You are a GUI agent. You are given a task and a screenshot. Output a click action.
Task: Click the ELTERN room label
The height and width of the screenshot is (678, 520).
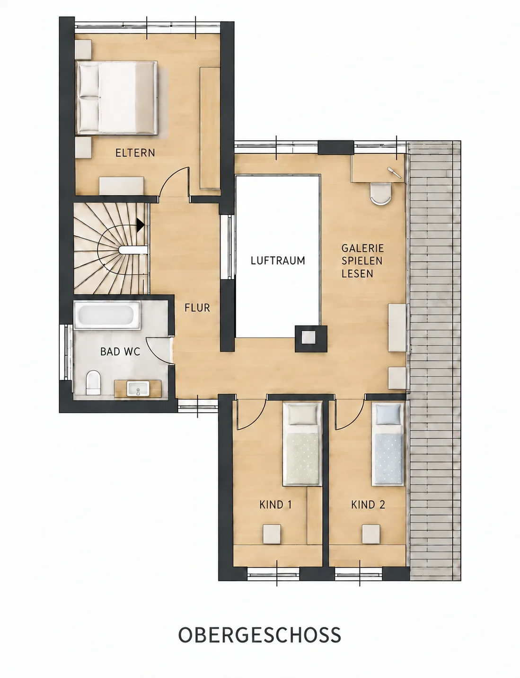tap(135, 153)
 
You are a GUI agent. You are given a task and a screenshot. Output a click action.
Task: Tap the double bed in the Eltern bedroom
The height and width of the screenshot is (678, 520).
tap(117, 98)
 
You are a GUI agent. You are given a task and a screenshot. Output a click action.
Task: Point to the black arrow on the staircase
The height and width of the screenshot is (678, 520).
tap(140, 224)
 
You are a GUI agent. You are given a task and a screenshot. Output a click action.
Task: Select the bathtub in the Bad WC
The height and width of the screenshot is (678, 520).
tap(107, 316)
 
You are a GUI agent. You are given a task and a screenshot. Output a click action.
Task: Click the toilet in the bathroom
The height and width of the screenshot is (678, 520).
tap(94, 382)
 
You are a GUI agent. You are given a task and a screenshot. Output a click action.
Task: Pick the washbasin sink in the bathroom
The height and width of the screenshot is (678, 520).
tap(138, 389)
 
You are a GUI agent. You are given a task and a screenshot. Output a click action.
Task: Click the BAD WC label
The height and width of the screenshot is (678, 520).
tap(120, 352)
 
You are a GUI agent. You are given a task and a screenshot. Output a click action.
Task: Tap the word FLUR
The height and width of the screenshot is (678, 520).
tap(197, 308)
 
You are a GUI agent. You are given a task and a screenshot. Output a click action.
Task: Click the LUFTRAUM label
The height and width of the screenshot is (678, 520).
tap(278, 261)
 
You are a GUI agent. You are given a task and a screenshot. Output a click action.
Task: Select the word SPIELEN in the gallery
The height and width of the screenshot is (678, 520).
tap(361, 261)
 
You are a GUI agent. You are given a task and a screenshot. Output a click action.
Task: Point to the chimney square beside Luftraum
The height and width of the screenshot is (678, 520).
tap(311, 339)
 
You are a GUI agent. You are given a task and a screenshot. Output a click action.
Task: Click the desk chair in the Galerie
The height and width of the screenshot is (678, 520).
tap(381, 193)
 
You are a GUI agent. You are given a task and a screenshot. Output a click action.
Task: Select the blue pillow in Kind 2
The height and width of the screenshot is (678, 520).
tap(388, 415)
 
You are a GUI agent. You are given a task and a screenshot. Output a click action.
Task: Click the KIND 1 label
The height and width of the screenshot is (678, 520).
tap(275, 505)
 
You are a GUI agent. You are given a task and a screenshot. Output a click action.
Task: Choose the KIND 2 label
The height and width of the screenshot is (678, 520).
tap(368, 505)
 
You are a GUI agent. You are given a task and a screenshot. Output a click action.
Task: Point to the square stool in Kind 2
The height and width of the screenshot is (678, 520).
tap(371, 534)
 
